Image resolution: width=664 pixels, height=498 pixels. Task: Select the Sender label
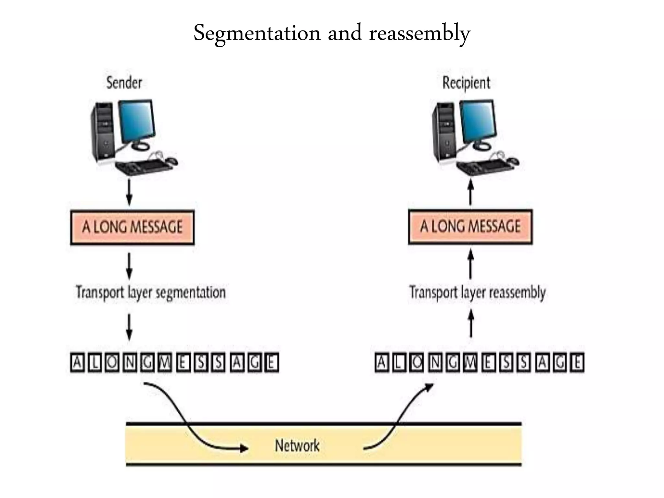[124, 83]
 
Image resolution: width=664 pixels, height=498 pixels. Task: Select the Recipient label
[466, 83]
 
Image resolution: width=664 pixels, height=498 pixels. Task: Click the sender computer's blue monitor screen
[136, 120]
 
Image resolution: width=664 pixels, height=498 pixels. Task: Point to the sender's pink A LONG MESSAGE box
[132, 227]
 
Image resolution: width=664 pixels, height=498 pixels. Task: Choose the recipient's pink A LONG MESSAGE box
[470, 226]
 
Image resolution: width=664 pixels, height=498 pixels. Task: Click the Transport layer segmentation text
[151, 292]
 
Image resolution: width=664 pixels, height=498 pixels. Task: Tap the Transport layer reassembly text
[477, 292]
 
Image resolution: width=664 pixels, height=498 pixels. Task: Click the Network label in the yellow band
[297, 445]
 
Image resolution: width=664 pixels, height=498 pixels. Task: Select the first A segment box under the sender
[77, 362]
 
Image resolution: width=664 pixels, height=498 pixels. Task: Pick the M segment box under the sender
[165, 362]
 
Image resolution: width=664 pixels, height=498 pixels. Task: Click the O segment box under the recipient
[417, 362]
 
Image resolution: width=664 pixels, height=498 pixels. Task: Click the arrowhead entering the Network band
[244, 448]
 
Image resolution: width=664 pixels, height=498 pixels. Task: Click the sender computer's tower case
[103, 133]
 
